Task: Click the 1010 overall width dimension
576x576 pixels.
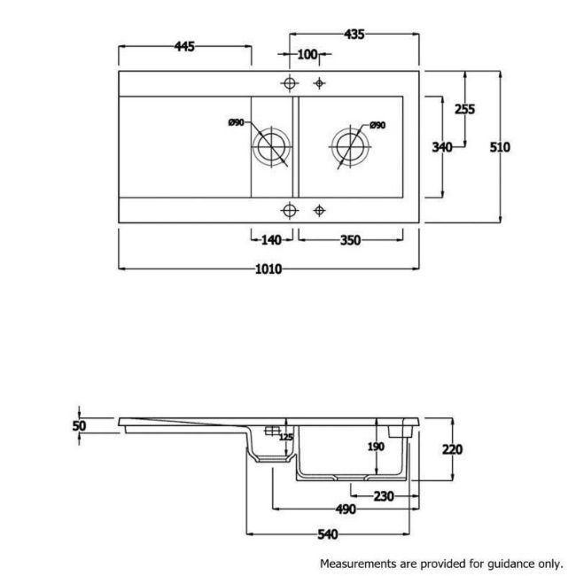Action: [x=269, y=269]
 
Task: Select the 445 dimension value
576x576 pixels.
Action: [x=184, y=47]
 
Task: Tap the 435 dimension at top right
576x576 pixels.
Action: [x=354, y=35]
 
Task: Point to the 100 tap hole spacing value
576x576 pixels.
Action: [x=307, y=54]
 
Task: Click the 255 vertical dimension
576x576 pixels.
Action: [x=464, y=109]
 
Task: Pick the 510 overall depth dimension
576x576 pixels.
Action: [x=500, y=147]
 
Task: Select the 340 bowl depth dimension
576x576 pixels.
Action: [x=442, y=147]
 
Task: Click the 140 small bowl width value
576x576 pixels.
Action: [x=271, y=240]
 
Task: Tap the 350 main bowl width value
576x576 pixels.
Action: [x=350, y=240]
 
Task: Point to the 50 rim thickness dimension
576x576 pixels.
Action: [x=79, y=425]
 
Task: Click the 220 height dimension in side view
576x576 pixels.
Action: [x=452, y=449]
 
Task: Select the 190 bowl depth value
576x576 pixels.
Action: [x=376, y=447]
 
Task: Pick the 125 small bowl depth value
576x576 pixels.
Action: [x=286, y=437]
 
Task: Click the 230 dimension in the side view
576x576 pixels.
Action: [x=384, y=496]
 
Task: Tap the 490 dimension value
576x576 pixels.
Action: [x=346, y=510]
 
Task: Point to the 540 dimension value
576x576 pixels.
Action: [x=328, y=534]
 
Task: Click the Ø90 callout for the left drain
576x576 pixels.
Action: [x=236, y=122]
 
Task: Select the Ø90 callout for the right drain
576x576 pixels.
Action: [x=378, y=125]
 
